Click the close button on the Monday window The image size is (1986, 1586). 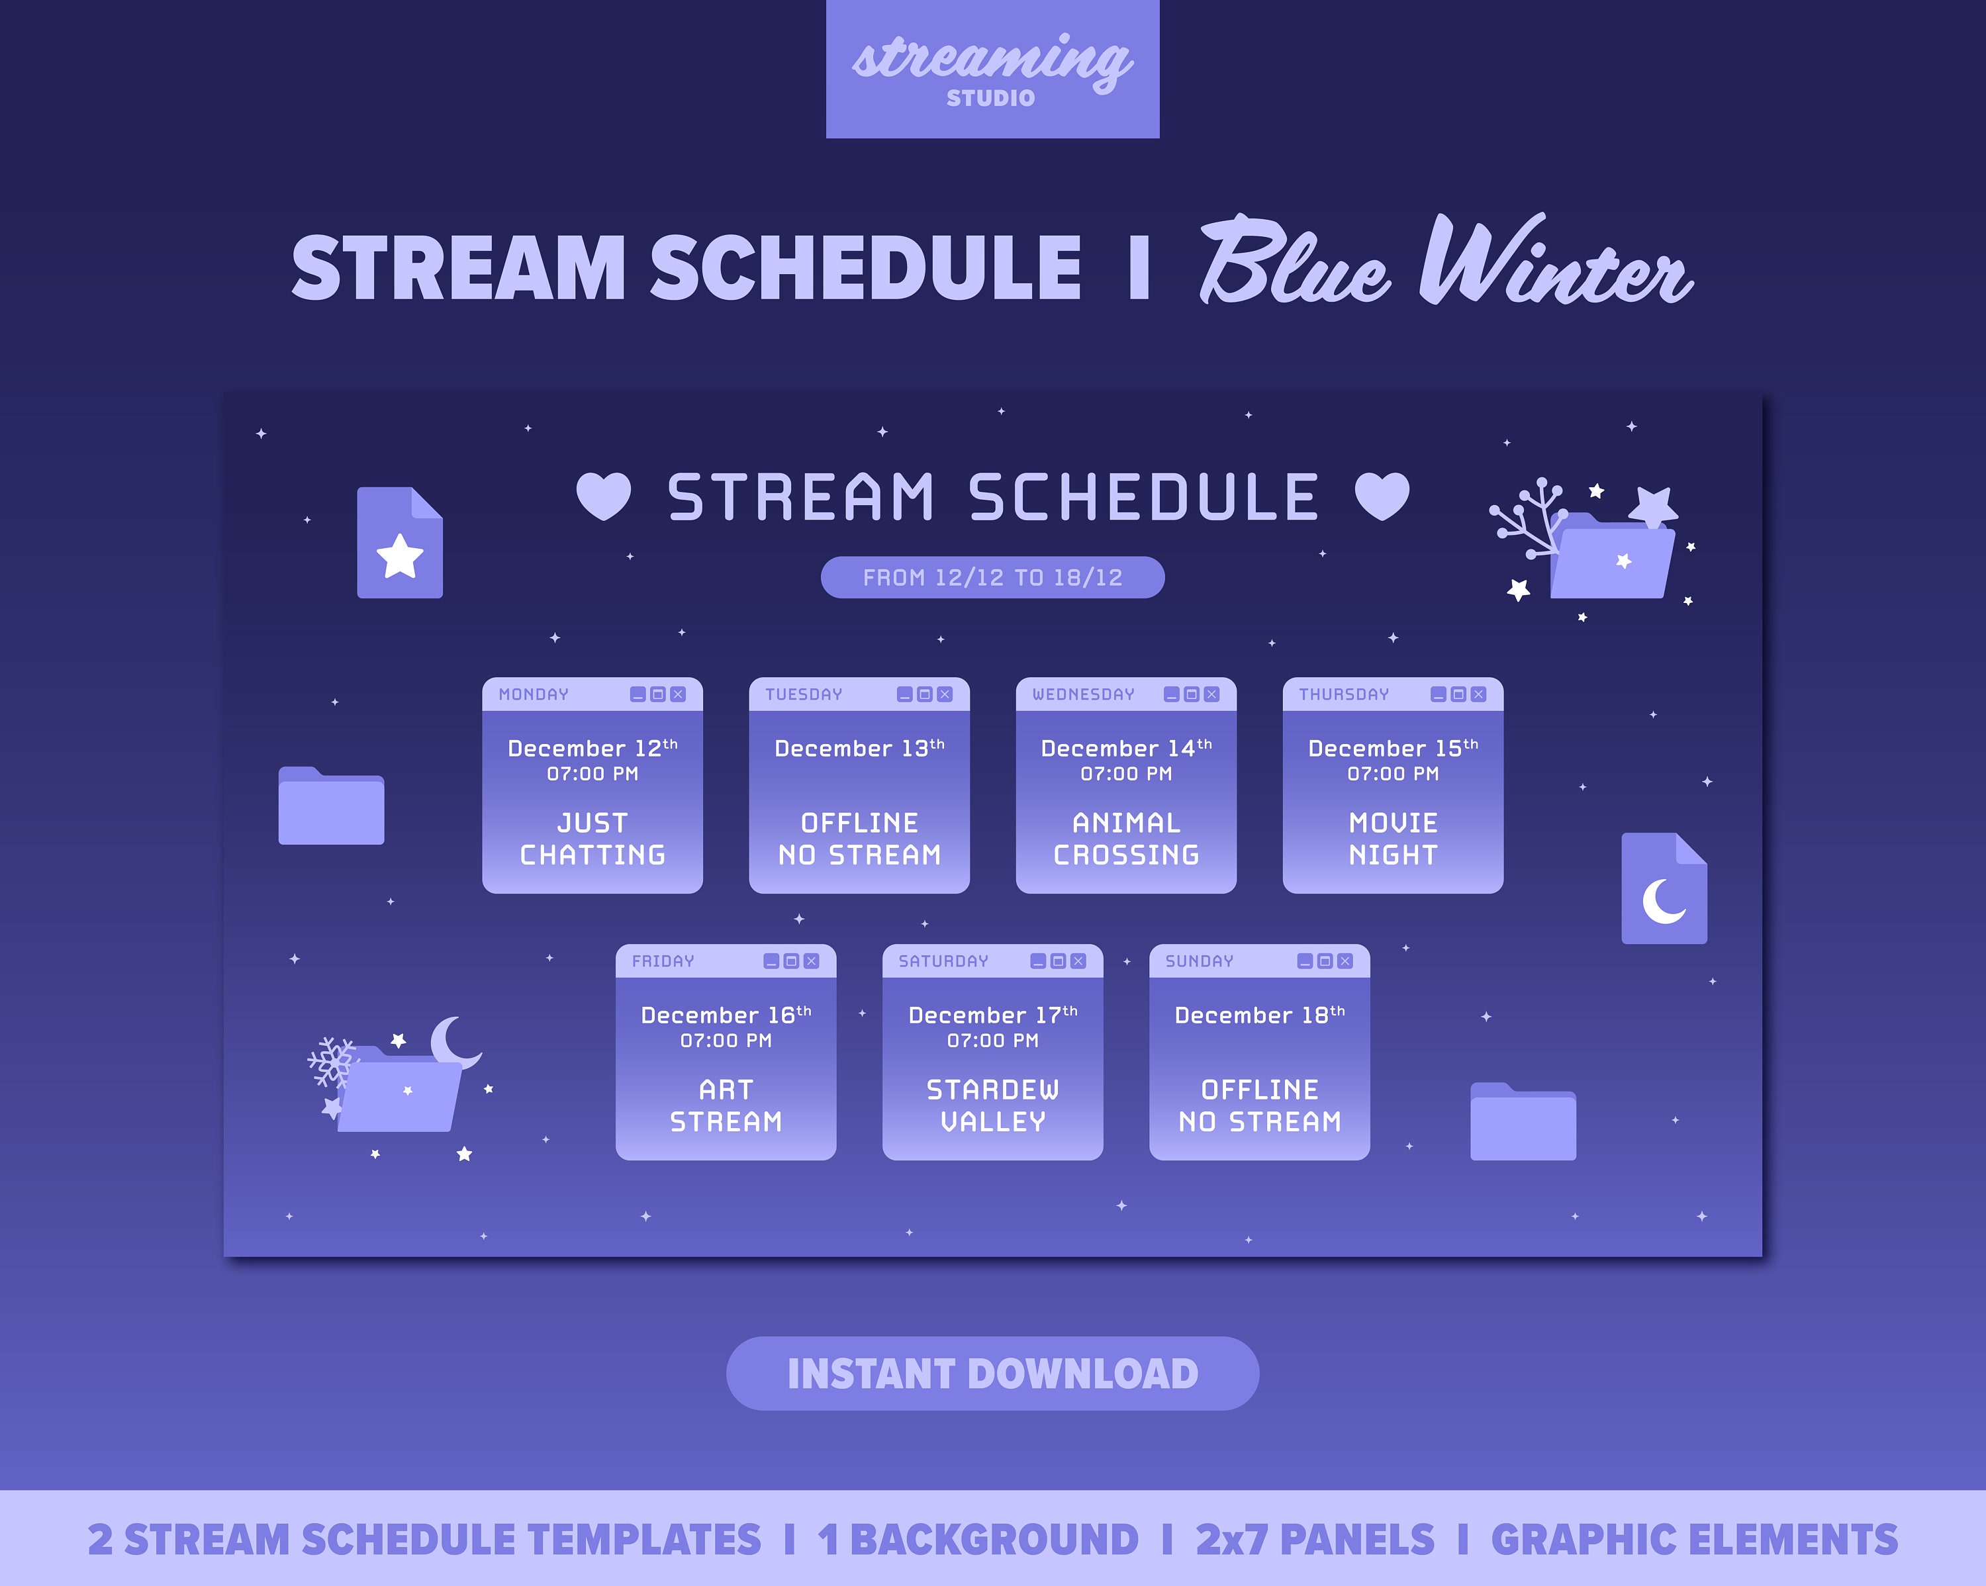(x=678, y=694)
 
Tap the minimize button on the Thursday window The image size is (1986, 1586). (x=1438, y=694)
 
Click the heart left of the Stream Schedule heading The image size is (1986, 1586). (x=603, y=496)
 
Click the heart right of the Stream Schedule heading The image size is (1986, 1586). (x=1382, y=496)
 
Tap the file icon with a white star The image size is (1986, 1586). (x=400, y=543)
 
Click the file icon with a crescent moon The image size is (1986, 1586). (x=1664, y=889)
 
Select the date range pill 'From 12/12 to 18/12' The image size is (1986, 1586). (x=992, y=577)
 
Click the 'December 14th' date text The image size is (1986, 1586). (x=1125, y=748)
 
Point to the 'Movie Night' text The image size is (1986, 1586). (x=1393, y=838)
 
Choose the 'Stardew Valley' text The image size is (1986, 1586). (x=992, y=1105)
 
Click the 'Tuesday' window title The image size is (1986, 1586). (x=803, y=694)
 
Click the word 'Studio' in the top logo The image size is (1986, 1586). (x=991, y=97)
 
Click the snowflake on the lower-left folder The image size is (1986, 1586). (x=331, y=1062)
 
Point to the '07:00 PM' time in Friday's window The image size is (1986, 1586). (x=726, y=1041)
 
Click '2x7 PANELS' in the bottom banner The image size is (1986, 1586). (x=1315, y=1539)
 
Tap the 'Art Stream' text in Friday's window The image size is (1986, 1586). (x=726, y=1105)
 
